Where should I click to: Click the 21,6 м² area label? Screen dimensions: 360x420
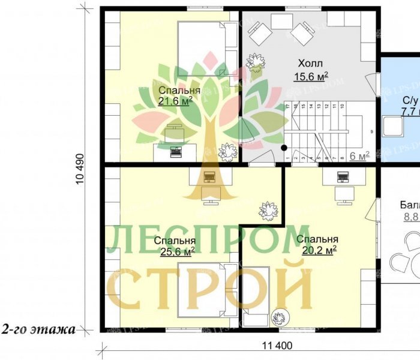pos(176,101)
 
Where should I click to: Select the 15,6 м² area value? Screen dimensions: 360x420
pos(310,76)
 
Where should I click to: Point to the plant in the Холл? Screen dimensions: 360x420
pos(256,61)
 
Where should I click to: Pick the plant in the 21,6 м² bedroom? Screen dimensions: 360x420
pos(227,152)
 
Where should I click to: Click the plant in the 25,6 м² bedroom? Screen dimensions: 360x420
pos(268,211)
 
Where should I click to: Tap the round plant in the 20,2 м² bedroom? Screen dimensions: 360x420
pos(279,317)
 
